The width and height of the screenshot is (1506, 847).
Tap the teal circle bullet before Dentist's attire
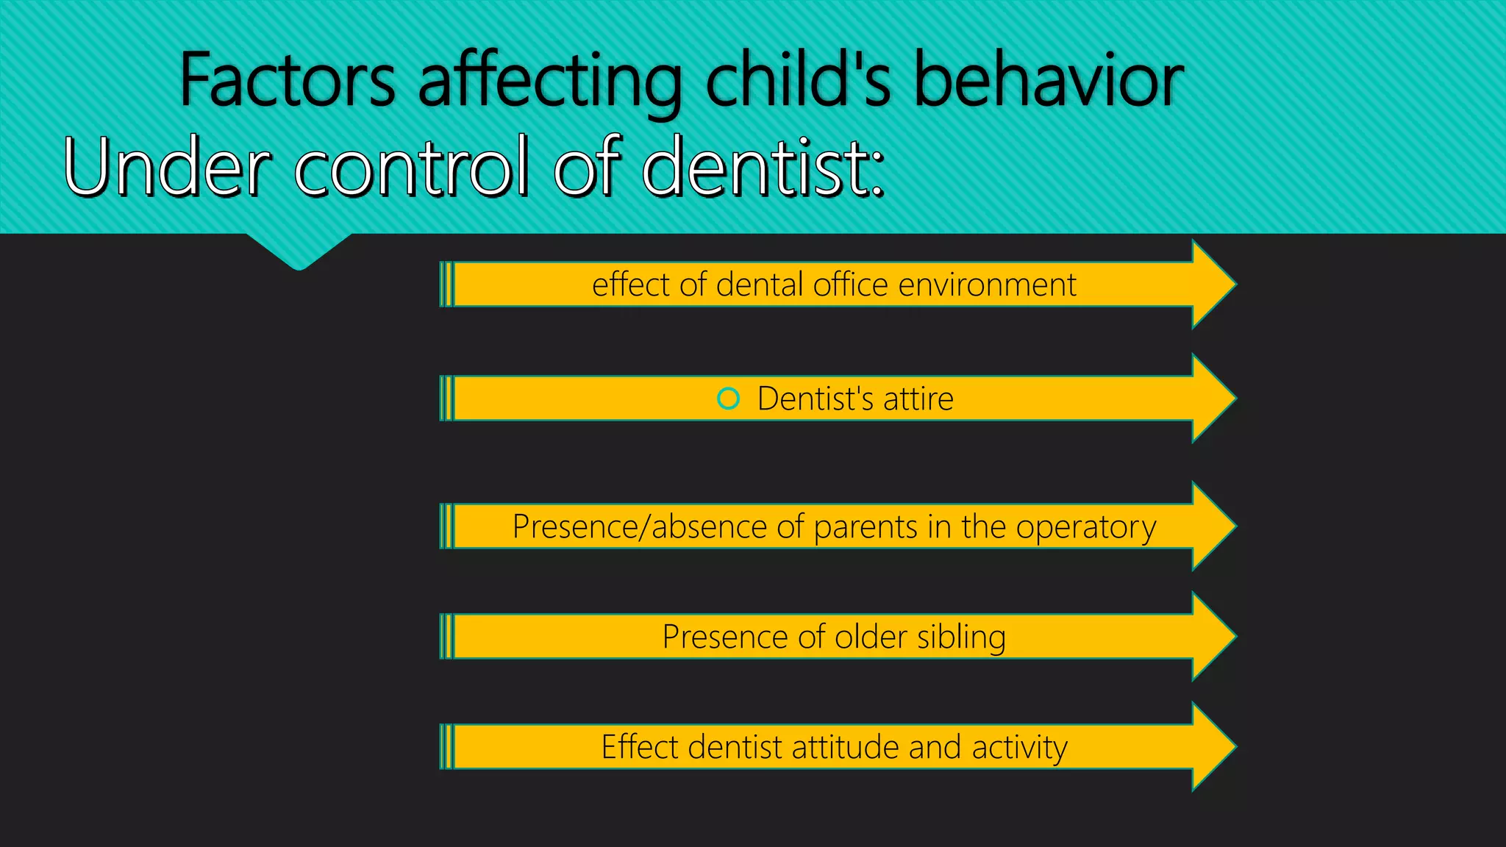pos(728,399)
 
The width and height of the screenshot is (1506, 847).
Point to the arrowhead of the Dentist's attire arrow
pos(1213,399)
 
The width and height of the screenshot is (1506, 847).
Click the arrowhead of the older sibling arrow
pos(1213,637)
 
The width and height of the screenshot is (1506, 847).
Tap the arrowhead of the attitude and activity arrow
pos(1213,747)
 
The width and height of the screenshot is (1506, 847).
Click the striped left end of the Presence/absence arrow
pos(446,526)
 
